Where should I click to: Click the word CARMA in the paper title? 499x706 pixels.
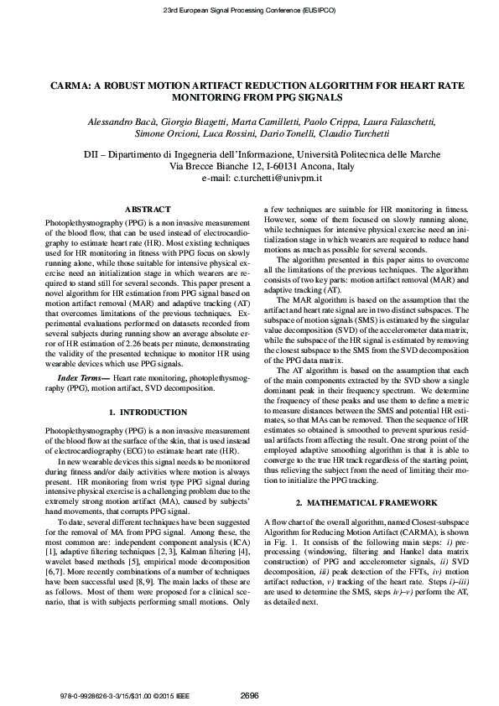pyautogui.click(x=64, y=86)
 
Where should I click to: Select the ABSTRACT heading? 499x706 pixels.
pyautogui.click(x=147, y=209)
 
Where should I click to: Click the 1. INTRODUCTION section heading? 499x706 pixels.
pyautogui.click(x=148, y=413)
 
